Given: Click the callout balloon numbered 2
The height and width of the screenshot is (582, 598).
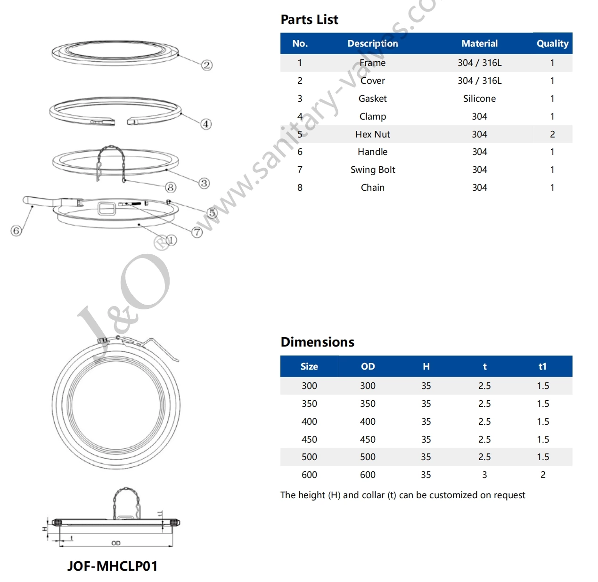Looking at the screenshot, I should click(207, 65).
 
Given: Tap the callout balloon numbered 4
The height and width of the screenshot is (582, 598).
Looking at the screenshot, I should click(206, 124).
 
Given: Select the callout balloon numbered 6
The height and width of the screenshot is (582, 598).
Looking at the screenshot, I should click(16, 231).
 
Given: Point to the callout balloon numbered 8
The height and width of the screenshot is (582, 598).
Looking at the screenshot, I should click(171, 187).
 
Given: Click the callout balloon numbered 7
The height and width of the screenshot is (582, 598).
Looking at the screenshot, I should click(197, 232).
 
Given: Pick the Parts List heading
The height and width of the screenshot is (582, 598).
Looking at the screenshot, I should click(309, 20).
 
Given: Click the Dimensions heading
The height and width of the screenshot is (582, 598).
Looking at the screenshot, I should click(317, 342).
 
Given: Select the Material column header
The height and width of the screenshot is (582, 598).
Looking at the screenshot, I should click(479, 44).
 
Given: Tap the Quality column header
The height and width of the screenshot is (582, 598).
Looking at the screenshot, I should click(552, 44).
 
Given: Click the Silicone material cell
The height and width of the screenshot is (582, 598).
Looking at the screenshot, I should click(479, 98).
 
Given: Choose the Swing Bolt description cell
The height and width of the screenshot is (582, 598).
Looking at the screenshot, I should click(372, 170).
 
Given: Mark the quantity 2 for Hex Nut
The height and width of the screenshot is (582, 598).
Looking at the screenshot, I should click(552, 134).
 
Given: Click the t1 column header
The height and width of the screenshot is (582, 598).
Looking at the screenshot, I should click(542, 366).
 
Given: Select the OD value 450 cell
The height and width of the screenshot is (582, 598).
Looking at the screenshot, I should click(368, 439).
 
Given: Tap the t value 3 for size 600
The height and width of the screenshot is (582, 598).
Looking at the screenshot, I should click(484, 475).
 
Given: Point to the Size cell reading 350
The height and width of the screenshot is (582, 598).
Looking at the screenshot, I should click(309, 404).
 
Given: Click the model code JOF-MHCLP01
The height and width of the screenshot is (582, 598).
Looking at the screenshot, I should click(112, 566).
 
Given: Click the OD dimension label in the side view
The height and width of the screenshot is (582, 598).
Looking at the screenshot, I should click(116, 543).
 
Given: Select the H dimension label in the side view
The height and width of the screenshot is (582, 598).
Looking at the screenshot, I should click(45, 529).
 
